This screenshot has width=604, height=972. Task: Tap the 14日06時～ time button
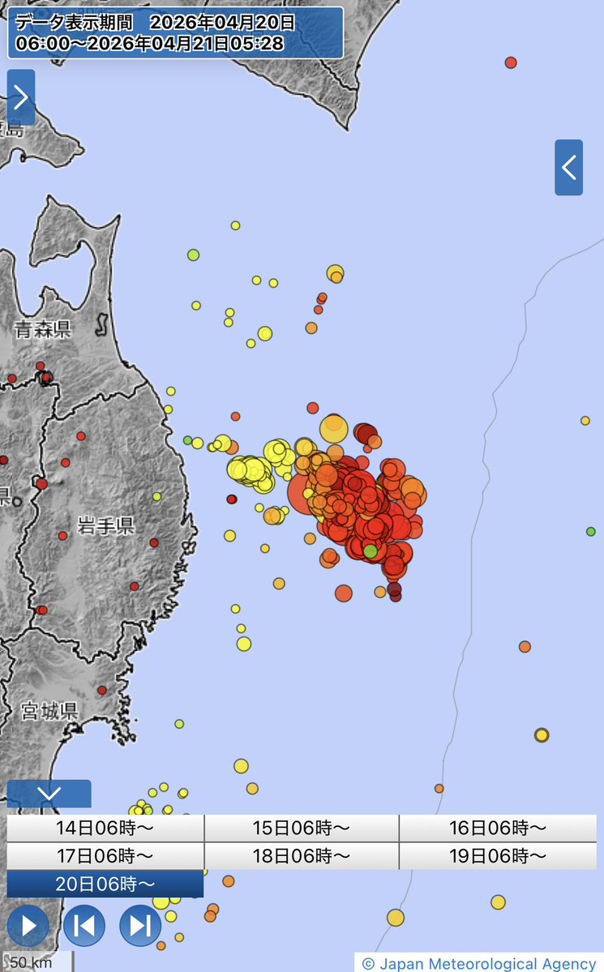click(105, 829)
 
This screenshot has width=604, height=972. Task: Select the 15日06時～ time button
click(301, 829)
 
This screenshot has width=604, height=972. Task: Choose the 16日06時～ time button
click(497, 829)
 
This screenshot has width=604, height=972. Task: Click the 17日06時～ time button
click(105, 856)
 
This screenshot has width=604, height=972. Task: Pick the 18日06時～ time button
click(301, 856)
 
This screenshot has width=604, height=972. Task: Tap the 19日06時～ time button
click(497, 856)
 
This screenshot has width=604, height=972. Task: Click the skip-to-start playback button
click(84, 925)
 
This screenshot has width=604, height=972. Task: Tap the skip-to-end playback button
click(140, 925)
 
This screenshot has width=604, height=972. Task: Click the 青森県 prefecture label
click(43, 329)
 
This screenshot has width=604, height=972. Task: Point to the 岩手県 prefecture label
click(105, 526)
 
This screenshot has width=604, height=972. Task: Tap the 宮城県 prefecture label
click(49, 713)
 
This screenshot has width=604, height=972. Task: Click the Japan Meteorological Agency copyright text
click(479, 963)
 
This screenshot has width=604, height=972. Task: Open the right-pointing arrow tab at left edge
click(21, 97)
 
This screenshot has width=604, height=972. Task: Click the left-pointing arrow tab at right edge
click(568, 168)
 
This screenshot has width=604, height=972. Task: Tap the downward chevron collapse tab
click(49, 793)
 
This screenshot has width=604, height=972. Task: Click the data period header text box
click(175, 33)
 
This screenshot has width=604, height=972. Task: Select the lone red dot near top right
click(511, 62)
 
